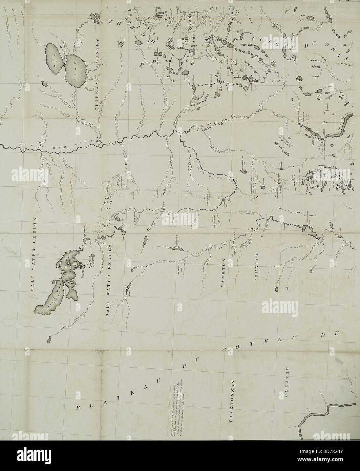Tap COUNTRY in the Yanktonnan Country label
coord(287,382)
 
